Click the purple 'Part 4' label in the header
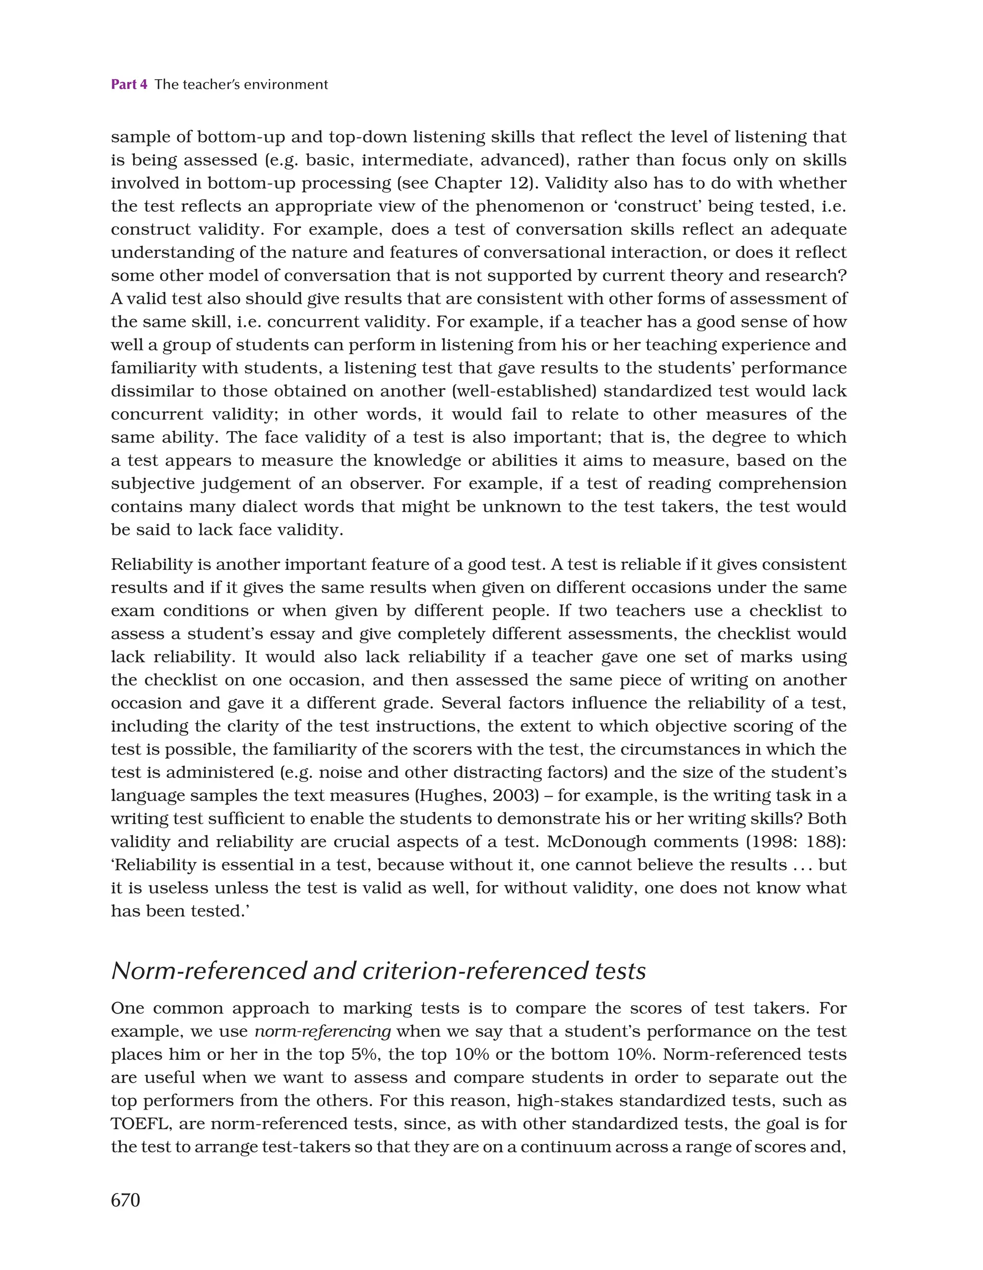click(x=129, y=85)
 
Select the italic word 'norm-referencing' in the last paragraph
click(x=323, y=1031)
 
